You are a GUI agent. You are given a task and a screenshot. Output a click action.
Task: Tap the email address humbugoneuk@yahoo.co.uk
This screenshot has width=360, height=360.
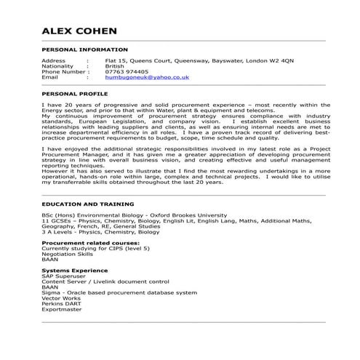[148, 77]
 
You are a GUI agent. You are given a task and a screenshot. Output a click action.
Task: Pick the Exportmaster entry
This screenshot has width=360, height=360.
[62, 309]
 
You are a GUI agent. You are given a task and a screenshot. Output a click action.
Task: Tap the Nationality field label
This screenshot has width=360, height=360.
[57, 65]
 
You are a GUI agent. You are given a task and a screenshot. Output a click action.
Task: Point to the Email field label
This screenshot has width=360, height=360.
[49, 77]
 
